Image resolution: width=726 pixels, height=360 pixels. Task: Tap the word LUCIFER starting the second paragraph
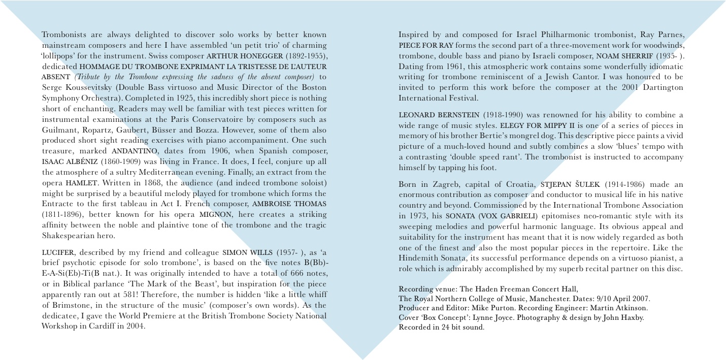[58, 252]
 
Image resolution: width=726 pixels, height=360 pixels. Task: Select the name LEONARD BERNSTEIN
[438, 115]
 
